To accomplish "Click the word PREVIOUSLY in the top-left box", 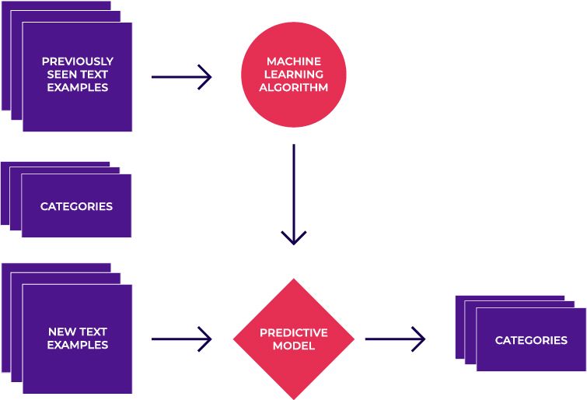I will (77, 61).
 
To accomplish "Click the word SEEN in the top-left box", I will (60, 74).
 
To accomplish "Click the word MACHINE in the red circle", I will (293, 61).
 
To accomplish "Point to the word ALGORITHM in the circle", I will (293, 88).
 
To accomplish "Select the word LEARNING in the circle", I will (293, 74).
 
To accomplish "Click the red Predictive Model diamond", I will (293, 339).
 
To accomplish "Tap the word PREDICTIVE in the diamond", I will (293, 332).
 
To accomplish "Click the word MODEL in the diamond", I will (293, 346).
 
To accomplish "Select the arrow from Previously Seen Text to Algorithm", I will (181, 77).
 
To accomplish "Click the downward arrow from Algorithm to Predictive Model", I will (293, 195).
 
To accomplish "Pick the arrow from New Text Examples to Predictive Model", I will (181, 339).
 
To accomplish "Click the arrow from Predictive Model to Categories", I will (395, 339).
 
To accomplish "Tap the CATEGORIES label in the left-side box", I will (76, 206).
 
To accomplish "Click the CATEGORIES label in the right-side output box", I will (531, 340).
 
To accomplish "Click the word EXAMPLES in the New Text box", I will (77, 345).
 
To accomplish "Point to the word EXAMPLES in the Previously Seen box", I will (77, 87).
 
